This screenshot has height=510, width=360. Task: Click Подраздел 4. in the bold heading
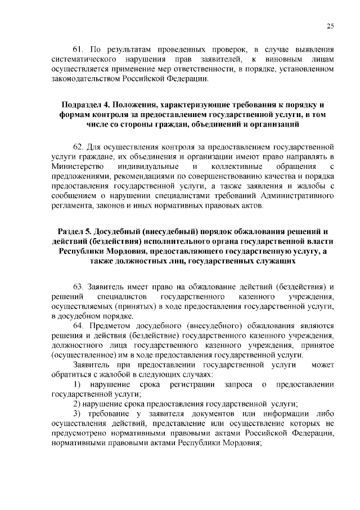pos(85,105)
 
